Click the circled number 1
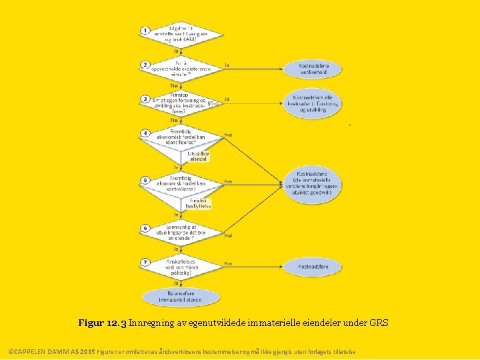tap(145, 31)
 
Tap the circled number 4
tap(145, 133)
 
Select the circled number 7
tap(145, 263)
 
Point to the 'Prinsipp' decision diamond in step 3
tap(180, 103)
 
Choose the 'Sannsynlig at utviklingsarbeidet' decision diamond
tap(181, 231)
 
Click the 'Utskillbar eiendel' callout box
tap(199, 156)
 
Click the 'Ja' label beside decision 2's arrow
tap(227, 65)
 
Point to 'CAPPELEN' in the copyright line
tap(29, 351)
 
